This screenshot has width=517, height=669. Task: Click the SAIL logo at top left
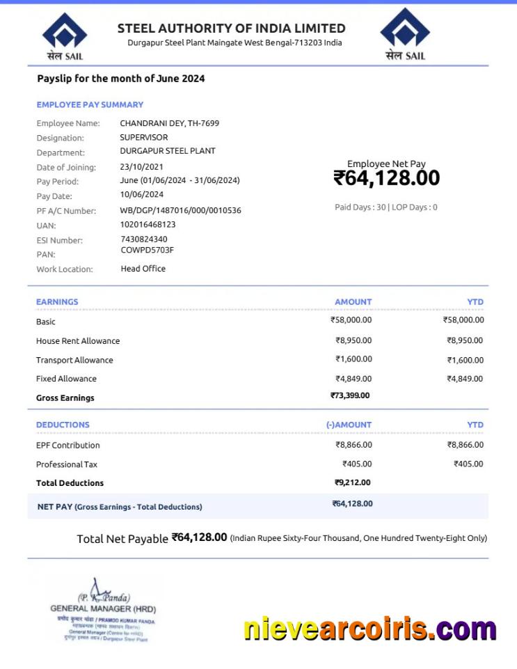click(65, 35)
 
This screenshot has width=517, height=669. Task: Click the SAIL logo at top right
click(405, 34)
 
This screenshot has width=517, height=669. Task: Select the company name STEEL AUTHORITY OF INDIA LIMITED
click(231, 29)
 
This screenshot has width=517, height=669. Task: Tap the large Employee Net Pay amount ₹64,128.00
click(386, 178)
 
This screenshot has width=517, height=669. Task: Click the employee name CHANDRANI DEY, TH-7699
click(169, 123)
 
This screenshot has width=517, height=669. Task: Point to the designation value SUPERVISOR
click(143, 137)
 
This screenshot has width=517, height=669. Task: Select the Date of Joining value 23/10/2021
click(141, 167)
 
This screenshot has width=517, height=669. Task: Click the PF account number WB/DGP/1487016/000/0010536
click(180, 210)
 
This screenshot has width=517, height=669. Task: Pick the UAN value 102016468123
click(148, 225)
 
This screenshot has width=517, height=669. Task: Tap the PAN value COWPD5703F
click(147, 250)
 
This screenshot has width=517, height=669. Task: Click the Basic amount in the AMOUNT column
click(351, 320)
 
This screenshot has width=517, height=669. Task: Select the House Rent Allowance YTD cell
click(465, 340)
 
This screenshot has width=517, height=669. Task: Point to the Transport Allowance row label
click(74, 360)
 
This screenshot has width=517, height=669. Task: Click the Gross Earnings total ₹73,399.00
click(350, 395)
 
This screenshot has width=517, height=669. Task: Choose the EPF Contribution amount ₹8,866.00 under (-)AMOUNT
click(353, 444)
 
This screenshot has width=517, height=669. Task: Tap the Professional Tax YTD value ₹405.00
click(468, 464)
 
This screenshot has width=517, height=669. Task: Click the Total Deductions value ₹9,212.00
click(352, 482)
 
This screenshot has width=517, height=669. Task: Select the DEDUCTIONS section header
click(63, 425)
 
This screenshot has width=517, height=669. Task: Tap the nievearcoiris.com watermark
click(369, 629)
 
